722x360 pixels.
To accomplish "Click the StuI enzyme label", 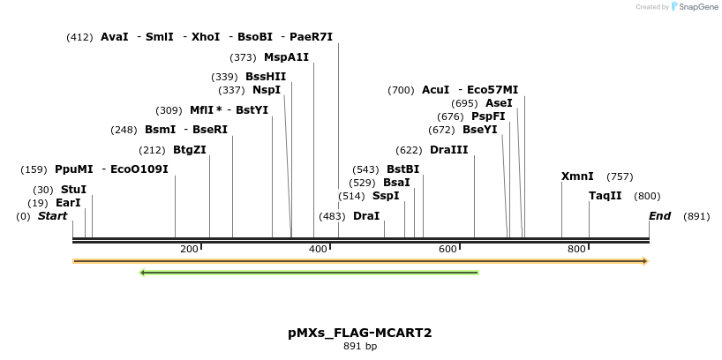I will pyautogui.click(x=73, y=190).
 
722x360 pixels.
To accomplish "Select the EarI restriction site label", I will pyautogui.click(x=68, y=203).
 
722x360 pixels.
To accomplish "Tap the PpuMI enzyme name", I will pyautogui.click(x=73, y=169).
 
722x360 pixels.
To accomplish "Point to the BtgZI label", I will pyautogui.click(x=189, y=150).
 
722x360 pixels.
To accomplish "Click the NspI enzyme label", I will pyautogui.click(x=267, y=90).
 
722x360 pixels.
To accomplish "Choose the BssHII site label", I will pyautogui.click(x=266, y=77).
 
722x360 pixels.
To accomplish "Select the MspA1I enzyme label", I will pyautogui.click(x=286, y=57).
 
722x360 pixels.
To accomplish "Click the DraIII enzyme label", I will pyautogui.click(x=449, y=150).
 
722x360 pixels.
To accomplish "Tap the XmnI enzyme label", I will pyautogui.click(x=577, y=176).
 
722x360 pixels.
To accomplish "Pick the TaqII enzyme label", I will pyautogui.click(x=605, y=196).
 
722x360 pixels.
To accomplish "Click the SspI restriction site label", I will pyautogui.click(x=386, y=196).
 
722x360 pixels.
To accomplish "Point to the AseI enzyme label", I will pyautogui.click(x=499, y=103).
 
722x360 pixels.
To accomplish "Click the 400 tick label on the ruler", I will pyautogui.click(x=318, y=250).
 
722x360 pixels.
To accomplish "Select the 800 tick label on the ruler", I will pyautogui.click(x=576, y=250).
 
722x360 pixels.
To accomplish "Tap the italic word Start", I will pyautogui.click(x=52, y=216).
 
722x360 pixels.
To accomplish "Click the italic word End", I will pyautogui.click(x=659, y=216).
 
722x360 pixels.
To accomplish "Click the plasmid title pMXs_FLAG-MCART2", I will pyautogui.click(x=359, y=333).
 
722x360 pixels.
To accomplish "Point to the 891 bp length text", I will pyautogui.click(x=360, y=346).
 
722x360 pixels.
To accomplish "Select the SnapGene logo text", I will pyautogui.click(x=697, y=7).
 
